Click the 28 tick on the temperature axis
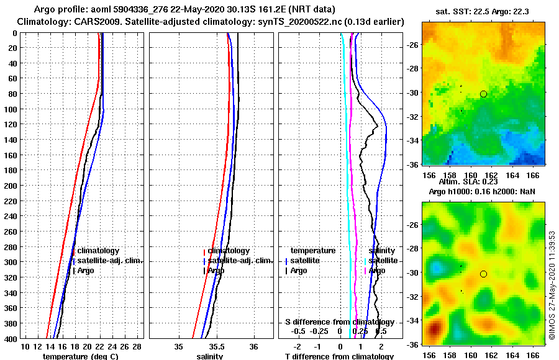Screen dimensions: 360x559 pos(137,346)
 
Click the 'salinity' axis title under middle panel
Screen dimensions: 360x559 pos(210,356)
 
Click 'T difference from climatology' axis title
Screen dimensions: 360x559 pos(339,356)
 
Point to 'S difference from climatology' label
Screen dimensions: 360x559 pos(339,322)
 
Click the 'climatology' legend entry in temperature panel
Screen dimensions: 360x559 pos(98,251)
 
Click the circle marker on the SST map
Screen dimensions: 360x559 pos(483,94)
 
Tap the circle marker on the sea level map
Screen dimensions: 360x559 pos(483,274)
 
